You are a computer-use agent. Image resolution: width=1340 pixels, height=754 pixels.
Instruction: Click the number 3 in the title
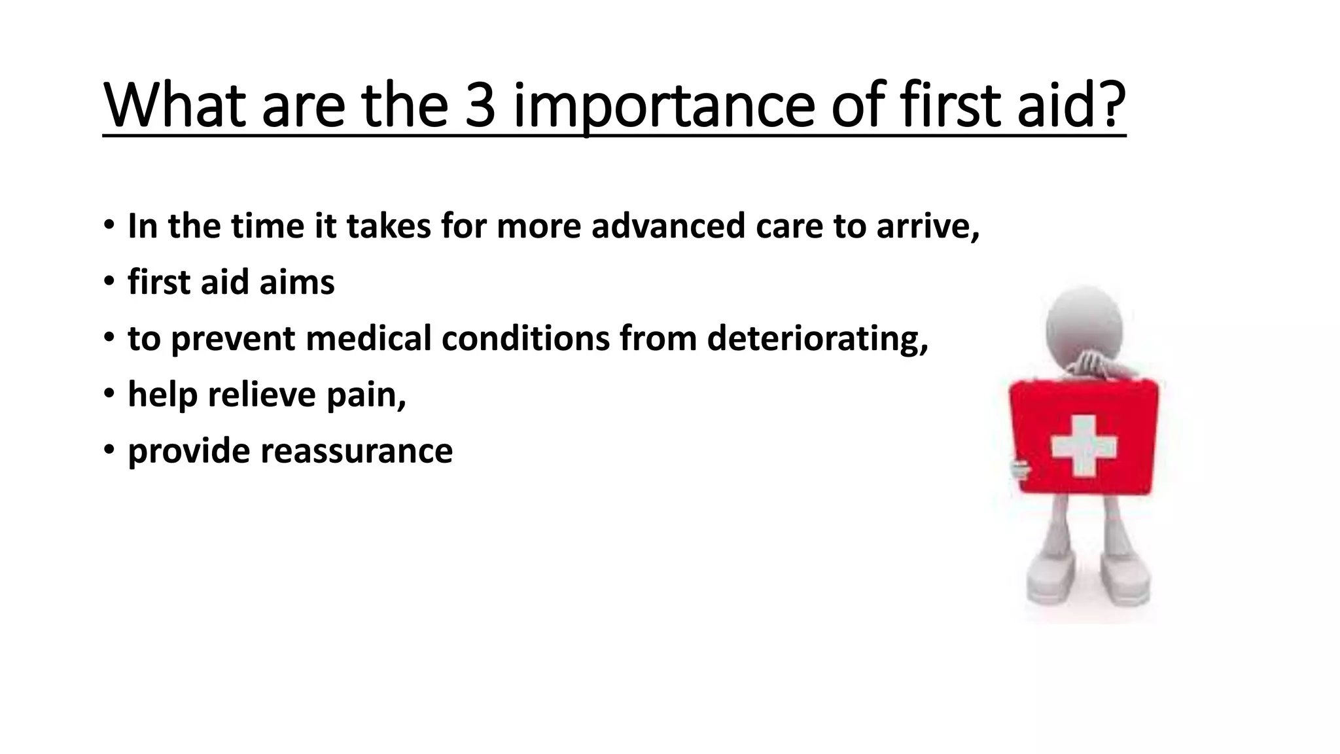tap(480, 106)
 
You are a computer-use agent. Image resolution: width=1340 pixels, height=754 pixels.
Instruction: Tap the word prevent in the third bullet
tap(233, 339)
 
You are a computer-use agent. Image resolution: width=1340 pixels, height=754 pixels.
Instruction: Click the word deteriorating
tap(817, 339)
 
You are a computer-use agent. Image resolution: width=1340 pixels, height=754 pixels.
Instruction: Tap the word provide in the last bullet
tap(188, 452)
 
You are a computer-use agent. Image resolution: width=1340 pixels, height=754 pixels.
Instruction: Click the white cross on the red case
tap(1084, 446)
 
